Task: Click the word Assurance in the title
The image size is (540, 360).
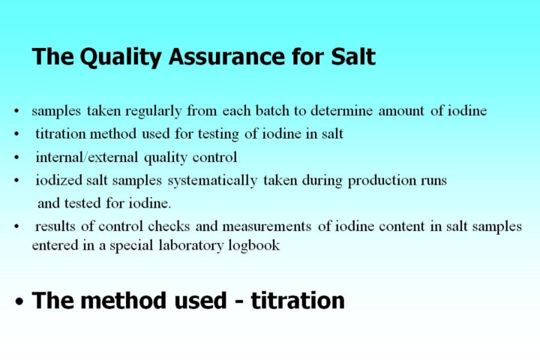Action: (227, 56)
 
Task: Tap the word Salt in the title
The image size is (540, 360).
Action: (353, 56)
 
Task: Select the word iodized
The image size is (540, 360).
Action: (59, 180)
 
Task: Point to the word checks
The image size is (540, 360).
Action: (169, 226)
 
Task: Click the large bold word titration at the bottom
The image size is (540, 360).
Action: (298, 301)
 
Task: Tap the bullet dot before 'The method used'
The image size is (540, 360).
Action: (19, 301)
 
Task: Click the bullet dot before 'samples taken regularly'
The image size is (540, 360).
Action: (16, 111)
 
